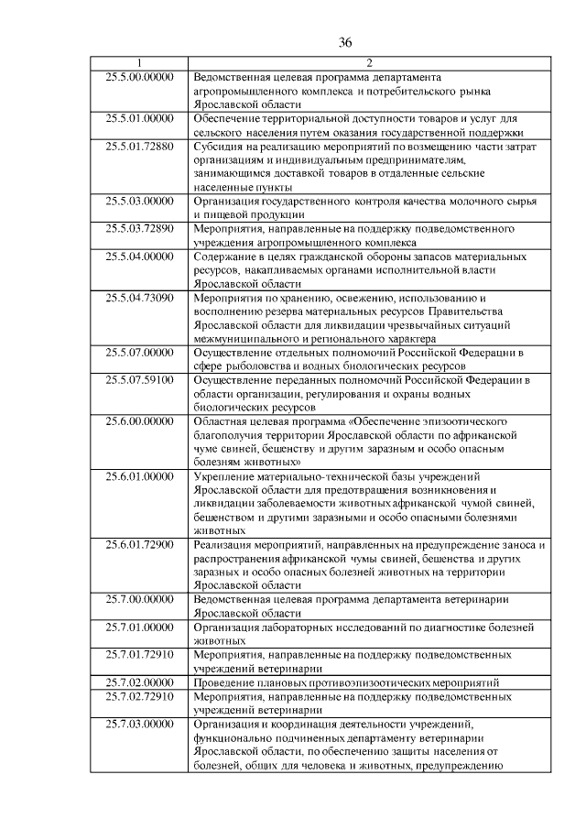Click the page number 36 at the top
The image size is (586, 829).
coord(345,42)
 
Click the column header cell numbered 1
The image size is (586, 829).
coord(139,63)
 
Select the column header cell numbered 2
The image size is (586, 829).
coord(368,63)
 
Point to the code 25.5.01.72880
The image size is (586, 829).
coord(139,146)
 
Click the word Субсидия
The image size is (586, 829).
coord(220,146)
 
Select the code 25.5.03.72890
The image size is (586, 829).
coord(139,228)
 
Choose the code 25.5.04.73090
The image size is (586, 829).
coord(139,297)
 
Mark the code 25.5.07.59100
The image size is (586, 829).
coord(139,378)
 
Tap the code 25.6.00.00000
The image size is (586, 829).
coord(139,420)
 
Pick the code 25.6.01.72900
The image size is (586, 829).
coord(139,543)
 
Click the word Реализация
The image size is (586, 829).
coord(227,543)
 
